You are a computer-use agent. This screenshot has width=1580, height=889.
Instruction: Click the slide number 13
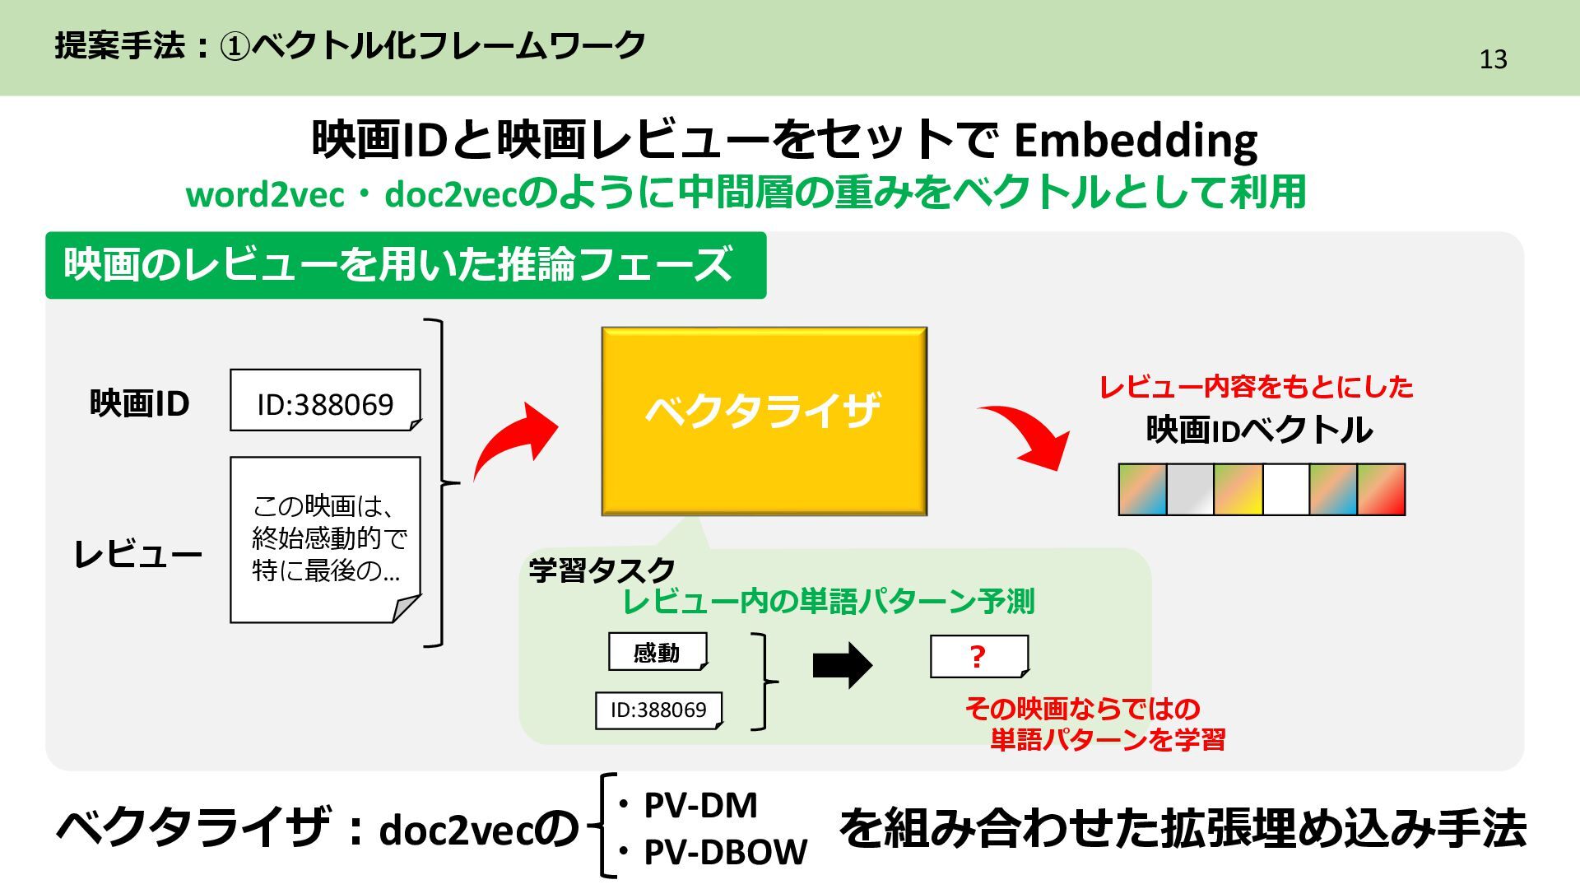(x=1493, y=59)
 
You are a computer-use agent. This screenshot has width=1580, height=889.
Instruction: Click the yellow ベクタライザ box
(x=764, y=421)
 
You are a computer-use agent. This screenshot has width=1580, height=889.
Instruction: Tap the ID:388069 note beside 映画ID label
(x=325, y=401)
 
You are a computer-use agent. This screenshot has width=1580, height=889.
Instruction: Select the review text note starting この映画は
(x=325, y=539)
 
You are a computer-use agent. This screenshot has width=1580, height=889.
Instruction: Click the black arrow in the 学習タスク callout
(x=842, y=665)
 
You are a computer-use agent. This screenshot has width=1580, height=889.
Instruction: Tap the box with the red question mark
(x=978, y=657)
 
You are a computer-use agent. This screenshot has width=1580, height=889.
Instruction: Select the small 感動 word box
(x=657, y=652)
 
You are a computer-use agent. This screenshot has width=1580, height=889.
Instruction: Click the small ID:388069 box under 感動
(x=658, y=710)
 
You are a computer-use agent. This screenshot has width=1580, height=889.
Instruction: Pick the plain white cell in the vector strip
(x=1285, y=490)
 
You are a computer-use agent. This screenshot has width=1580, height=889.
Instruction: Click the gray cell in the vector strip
(x=1190, y=490)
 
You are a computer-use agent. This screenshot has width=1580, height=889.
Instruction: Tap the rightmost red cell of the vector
(x=1381, y=490)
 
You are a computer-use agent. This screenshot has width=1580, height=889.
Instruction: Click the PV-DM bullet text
(x=699, y=805)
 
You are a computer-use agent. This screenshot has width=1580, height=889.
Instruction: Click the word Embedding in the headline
(x=1135, y=141)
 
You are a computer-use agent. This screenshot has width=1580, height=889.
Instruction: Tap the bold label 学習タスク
(x=602, y=570)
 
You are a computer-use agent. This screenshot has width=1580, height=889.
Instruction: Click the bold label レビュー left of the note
(x=137, y=554)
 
